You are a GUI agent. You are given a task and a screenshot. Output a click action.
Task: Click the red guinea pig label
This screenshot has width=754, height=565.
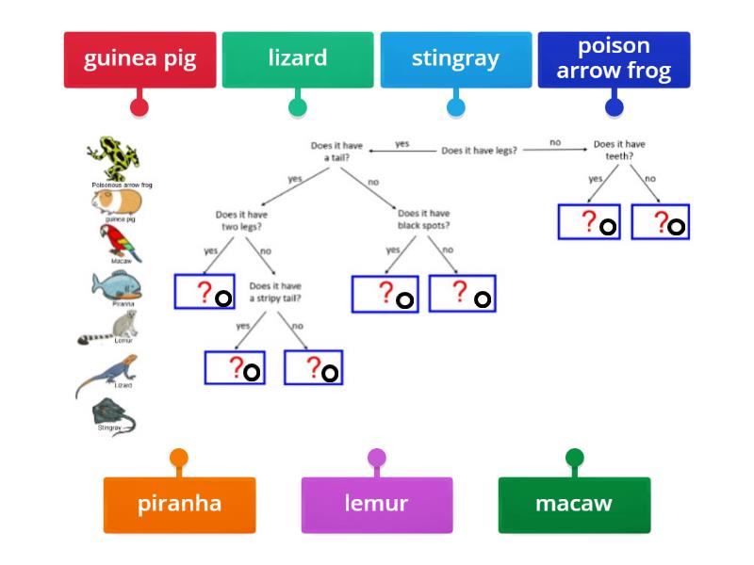(139, 59)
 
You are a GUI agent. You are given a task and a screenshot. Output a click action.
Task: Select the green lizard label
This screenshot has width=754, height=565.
(298, 59)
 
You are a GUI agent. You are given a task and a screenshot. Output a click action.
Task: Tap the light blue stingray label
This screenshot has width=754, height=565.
(456, 59)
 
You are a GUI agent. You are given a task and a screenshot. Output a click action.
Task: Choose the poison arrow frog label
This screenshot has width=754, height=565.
(615, 59)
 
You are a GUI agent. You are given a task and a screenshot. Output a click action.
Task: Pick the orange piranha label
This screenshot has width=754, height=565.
(179, 504)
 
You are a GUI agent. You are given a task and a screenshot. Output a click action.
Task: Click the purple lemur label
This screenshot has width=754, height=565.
(376, 504)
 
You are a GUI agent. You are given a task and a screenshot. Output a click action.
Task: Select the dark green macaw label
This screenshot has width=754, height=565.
(574, 504)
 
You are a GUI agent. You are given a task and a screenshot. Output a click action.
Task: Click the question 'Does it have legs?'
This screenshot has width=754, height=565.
(479, 150)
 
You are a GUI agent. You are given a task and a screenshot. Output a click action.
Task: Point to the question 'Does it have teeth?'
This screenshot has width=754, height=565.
(619, 151)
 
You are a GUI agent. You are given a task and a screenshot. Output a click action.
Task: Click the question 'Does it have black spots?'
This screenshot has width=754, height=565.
(423, 219)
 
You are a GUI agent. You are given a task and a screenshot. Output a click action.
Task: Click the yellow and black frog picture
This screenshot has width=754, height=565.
(114, 158)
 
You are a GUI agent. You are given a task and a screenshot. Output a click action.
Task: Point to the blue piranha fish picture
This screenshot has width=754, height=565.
(120, 285)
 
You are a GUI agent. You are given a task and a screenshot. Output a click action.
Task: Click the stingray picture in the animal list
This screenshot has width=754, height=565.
(112, 414)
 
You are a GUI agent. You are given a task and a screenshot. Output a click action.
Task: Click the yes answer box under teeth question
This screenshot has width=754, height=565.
(589, 222)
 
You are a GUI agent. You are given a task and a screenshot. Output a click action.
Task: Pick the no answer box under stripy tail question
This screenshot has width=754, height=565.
(314, 367)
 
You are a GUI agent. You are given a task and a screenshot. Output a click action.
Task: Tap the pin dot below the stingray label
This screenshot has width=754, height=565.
(456, 106)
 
